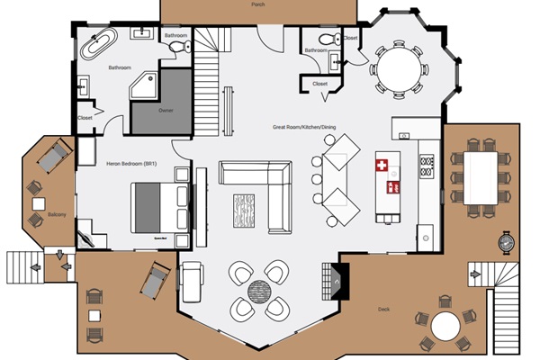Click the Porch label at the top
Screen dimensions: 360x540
click(x=259, y=4)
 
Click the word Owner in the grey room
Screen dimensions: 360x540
click(x=166, y=112)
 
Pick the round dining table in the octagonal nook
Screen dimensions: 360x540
click(x=396, y=65)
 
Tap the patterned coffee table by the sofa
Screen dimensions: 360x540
click(x=246, y=212)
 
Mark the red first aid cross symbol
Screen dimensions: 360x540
click(x=381, y=166)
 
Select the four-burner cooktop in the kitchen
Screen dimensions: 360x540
click(x=426, y=166)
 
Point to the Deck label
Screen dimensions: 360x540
click(x=383, y=309)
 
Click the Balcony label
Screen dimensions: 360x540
click(x=32, y=215)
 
